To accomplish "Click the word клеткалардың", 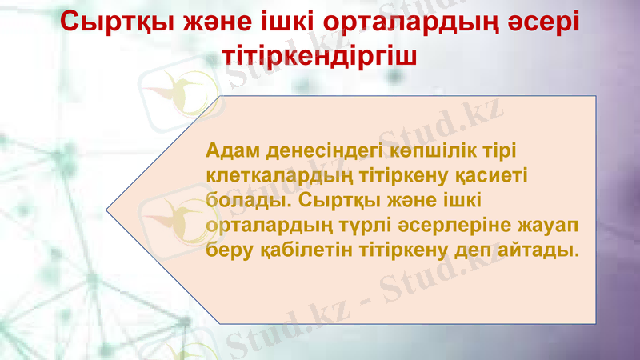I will tap(276, 174).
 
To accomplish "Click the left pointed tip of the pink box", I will tap(106, 210).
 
